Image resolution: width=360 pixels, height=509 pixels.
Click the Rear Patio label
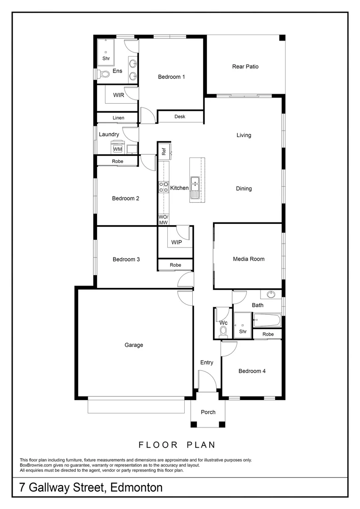pyautogui.click(x=245, y=66)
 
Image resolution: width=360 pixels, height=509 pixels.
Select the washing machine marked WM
pyautogui.click(x=117, y=149)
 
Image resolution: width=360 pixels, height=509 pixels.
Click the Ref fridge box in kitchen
pyautogui.click(x=164, y=151)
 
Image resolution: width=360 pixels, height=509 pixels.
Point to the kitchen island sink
pyautogui.click(x=195, y=181)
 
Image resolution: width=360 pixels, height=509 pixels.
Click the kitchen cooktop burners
pyautogui.click(x=164, y=187)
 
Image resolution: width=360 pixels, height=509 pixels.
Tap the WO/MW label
pyautogui.click(x=164, y=219)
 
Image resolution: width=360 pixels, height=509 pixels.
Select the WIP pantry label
pyautogui.click(x=177, y=242)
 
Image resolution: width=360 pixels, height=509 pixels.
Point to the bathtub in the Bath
pyautogui.click(x=267, y=321)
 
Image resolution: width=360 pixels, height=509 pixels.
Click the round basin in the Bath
pyautogui.click(x=271, y=295)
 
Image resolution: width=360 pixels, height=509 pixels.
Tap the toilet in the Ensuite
pyautogui.click(x=103, y=74)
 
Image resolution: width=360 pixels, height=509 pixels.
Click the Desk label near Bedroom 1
pyautogui.click(x=180, y=116)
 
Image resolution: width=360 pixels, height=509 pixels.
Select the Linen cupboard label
pyautogui.click(x=118, y=118)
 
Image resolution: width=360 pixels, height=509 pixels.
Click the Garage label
pyautogui.click(x=134, y=345)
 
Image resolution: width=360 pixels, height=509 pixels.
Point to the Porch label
pyautogui.click(x=208, y=412)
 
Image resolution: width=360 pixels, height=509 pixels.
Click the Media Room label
pyautogui.click(x=248, y=259)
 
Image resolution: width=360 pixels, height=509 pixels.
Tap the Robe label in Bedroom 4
pyautogui.click(x=268, y=334)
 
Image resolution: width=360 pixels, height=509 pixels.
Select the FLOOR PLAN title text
pyautogui.click(x=177, y=444)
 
